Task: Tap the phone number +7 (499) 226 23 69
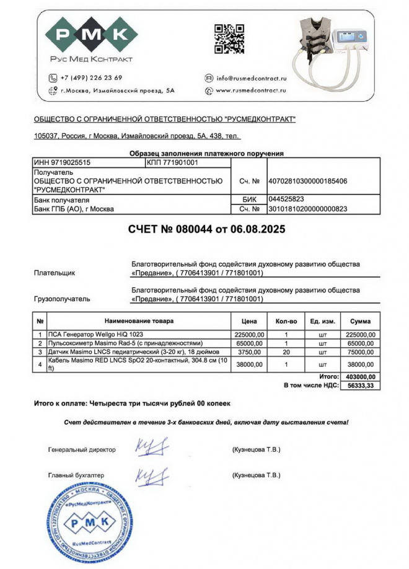point(91,78)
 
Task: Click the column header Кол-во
point(286,321)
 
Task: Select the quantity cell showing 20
point(286,351)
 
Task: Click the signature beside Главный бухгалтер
point(151,475)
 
